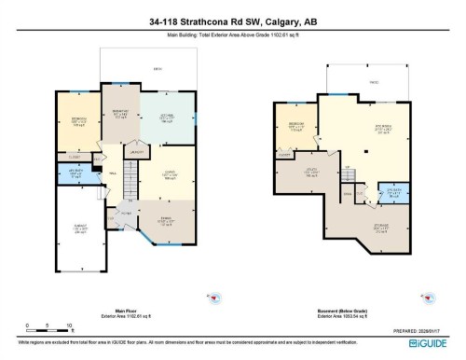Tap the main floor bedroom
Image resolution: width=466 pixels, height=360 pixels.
click(x=71, y=125)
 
